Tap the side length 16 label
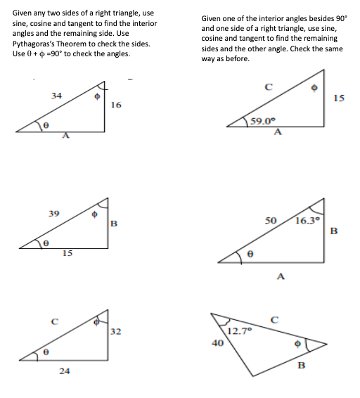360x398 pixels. click(x=116, y=105)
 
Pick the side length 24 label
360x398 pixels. click(x=64, y=371)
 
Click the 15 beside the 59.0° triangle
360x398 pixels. click(x=340, y=98)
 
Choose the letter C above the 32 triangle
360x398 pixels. click(x=53, y=323)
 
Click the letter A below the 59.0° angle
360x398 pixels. click(x=277, y=131)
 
